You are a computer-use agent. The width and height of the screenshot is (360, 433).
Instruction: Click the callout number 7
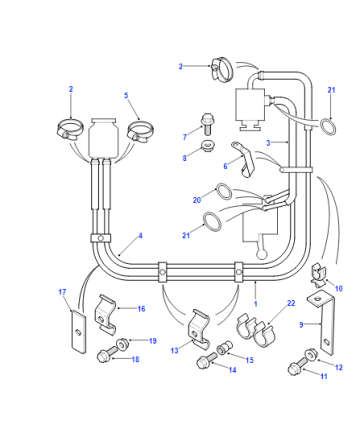tap(185, 137)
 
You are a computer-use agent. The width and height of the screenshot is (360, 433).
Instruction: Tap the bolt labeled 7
tap(207, 124)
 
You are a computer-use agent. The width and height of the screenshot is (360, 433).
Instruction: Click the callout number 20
tap(197, 200)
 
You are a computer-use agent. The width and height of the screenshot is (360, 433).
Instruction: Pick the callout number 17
tap(62, 292)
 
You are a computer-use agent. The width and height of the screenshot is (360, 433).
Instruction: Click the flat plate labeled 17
tap(79, 331)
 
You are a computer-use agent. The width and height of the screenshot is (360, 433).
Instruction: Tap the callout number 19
tap(153, 341)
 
